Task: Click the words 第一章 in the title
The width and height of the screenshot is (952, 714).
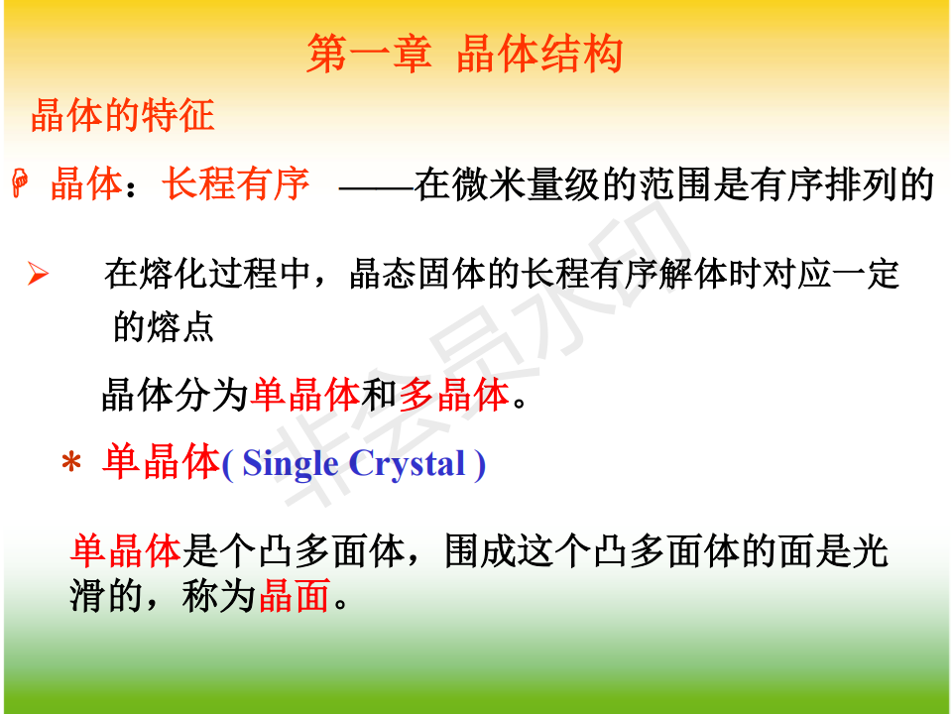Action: pyautogui.click(x=370, y=54)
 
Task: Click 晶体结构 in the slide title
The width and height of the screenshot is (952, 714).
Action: pyautogui.click(x=539, y=54)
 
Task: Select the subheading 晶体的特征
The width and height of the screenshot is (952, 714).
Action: pyautogui.click(x=123, y=115)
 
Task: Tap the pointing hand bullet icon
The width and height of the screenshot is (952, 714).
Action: pyautogui.click(x=20, y=183)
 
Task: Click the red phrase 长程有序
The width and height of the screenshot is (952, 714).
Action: pyautogui.click(x=236, y=183)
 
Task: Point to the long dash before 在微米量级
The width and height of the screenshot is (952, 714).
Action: pyautogui.click(x=377, y=188)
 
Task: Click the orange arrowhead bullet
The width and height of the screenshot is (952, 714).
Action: pyautogui.click(x=38, y=274)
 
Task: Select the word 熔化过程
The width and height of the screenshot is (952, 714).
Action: pyautogui.click(x=208, y=274)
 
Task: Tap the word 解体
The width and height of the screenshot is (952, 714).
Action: pyautogui.click(x=693, y=274)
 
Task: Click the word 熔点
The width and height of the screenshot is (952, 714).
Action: pyautogui.click(x=180, y=327)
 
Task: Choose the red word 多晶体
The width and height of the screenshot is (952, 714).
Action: pyautogui.click(x=454, y=395)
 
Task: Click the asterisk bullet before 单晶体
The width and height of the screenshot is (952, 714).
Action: pyautogui.click(x=71, y=463)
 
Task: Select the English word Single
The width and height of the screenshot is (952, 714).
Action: pyautogui.click(x=291, y=464)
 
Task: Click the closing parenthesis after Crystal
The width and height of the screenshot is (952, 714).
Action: pyautogui.click(x=480, y=465)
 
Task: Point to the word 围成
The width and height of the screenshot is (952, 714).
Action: pyautogui.click(x=481, y=551)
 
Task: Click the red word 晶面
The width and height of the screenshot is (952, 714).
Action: pyautogui.click(x=295, y=596)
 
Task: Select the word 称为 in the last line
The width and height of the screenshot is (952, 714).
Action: pyautogui.click(x=218, y=596)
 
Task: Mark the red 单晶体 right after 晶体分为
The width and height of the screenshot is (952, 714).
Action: pyautogui.click(x=305, y=395)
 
